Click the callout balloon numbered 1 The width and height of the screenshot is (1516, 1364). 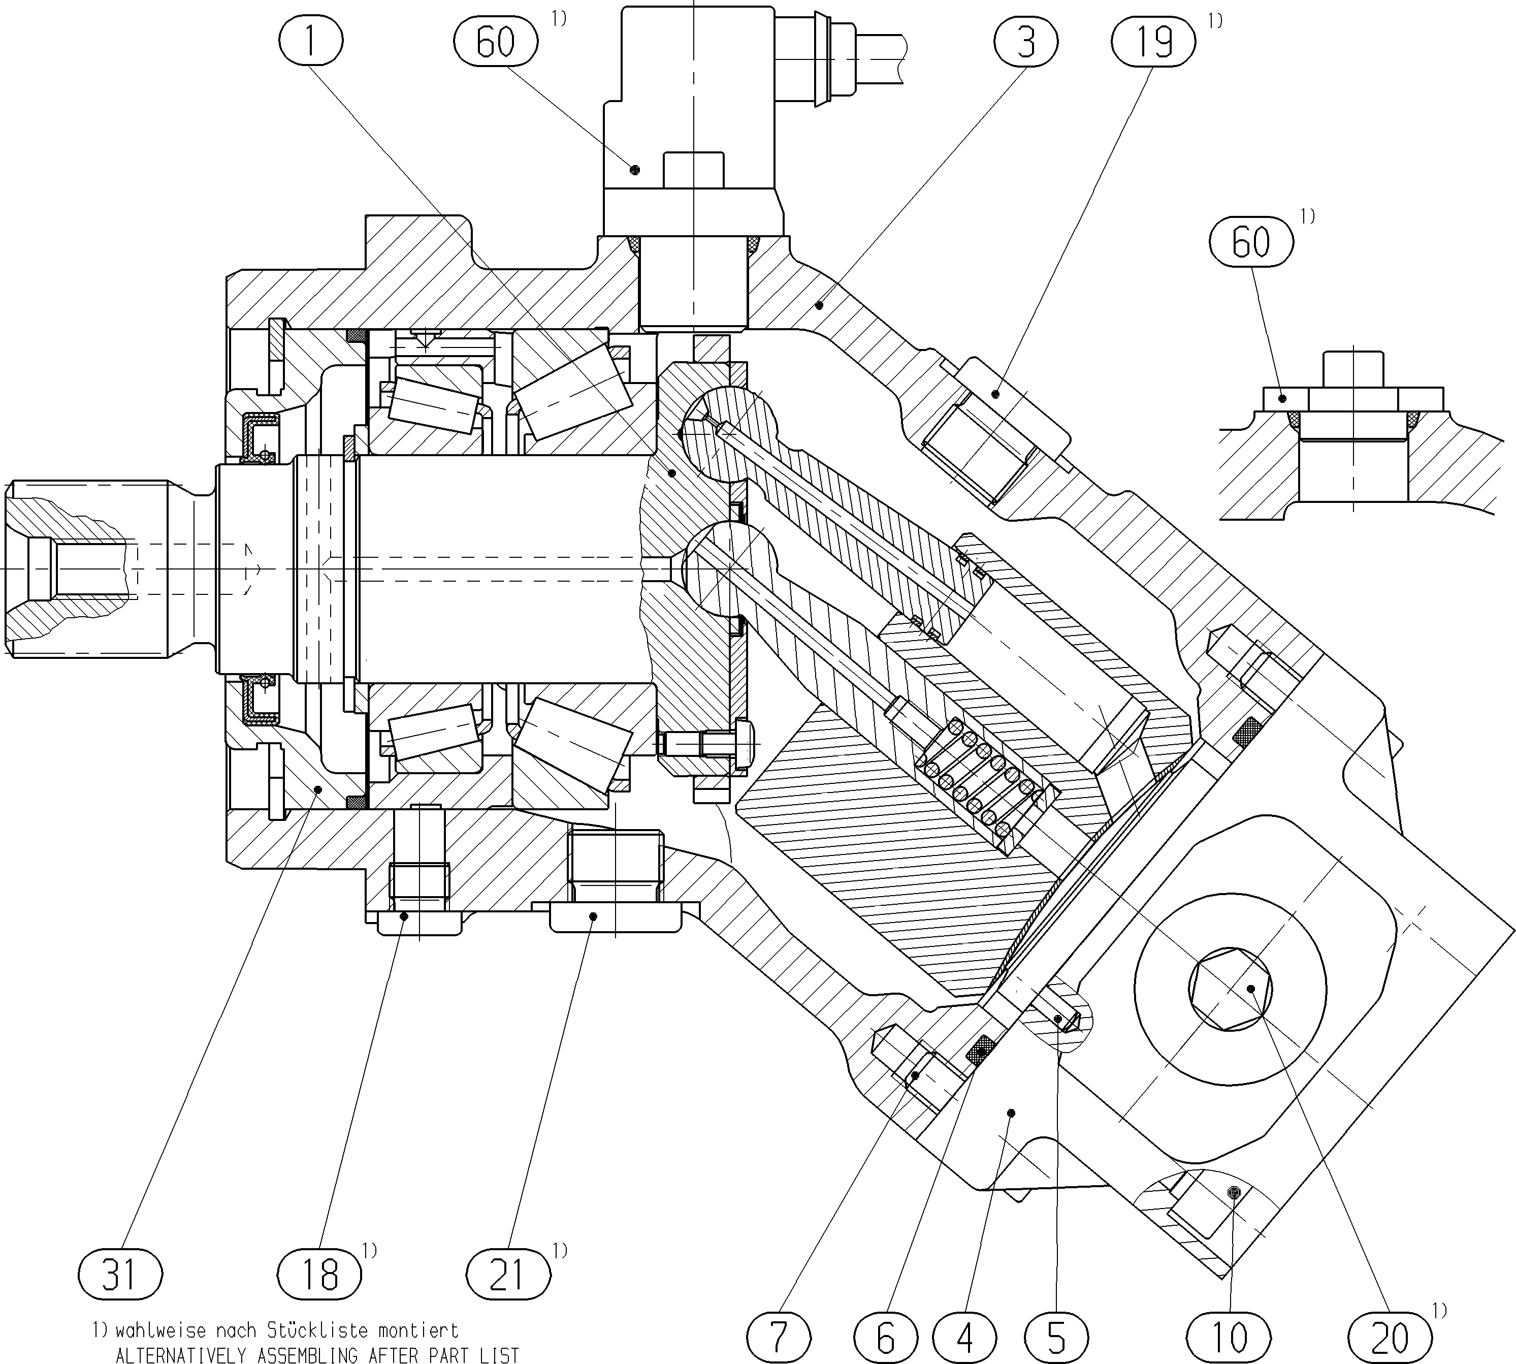(310, 41)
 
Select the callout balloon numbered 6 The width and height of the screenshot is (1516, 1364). (886, 1336)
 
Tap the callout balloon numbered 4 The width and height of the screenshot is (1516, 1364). (965, 1336)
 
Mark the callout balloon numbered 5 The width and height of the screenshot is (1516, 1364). (1056, 1336)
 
